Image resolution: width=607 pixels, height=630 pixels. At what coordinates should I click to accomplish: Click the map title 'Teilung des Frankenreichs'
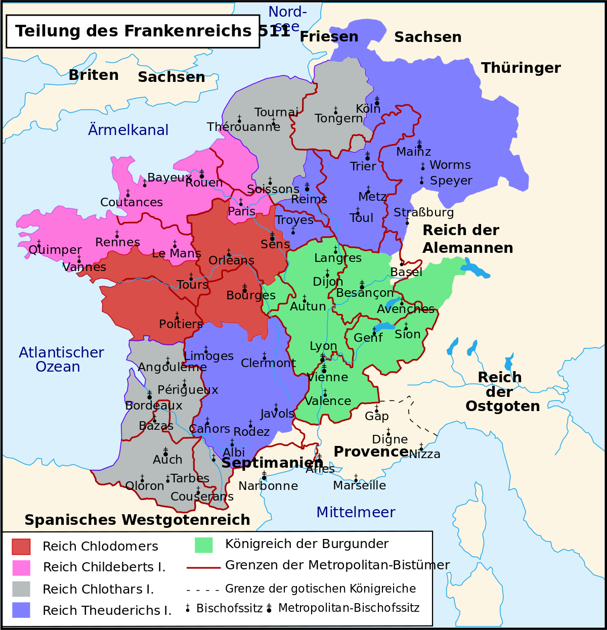(133, 31)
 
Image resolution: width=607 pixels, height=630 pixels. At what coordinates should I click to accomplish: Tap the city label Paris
(241, 211)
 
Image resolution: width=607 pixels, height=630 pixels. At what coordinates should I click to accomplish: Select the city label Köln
(368, 109)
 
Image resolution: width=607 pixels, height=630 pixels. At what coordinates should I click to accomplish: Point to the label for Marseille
(359, 485)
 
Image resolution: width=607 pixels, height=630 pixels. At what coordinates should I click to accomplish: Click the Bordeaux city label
(154, 406)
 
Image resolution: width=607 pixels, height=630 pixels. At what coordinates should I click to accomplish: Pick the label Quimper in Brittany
(55, 250)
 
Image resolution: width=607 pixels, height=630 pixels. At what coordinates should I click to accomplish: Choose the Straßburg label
(423, 212)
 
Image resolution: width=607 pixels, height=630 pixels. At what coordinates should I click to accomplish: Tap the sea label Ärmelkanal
(128, 130)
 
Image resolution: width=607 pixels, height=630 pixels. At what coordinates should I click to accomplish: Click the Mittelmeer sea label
(356, 512)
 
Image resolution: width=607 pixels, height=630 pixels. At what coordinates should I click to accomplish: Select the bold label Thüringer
(521, 68)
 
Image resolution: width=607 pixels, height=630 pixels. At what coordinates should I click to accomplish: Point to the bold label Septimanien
(272, 463)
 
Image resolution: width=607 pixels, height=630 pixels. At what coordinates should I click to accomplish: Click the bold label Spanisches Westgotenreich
(137, 520)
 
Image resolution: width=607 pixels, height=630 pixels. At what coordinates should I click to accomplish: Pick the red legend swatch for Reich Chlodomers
(21, 547)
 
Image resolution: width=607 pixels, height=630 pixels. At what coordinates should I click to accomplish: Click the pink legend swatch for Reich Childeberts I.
(21, 568)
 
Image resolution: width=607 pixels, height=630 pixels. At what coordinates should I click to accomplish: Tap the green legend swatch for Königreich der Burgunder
(203, 545)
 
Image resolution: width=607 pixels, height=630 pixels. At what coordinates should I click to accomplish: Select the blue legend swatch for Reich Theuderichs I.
(21, 610)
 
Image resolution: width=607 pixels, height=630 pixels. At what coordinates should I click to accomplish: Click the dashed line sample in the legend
(203, 590)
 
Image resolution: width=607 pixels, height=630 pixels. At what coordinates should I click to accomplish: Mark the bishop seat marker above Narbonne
(264, 475)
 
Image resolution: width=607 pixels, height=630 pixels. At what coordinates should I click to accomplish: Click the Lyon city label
(323, 346)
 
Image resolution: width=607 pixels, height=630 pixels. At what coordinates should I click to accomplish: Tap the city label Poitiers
(181, 324)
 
